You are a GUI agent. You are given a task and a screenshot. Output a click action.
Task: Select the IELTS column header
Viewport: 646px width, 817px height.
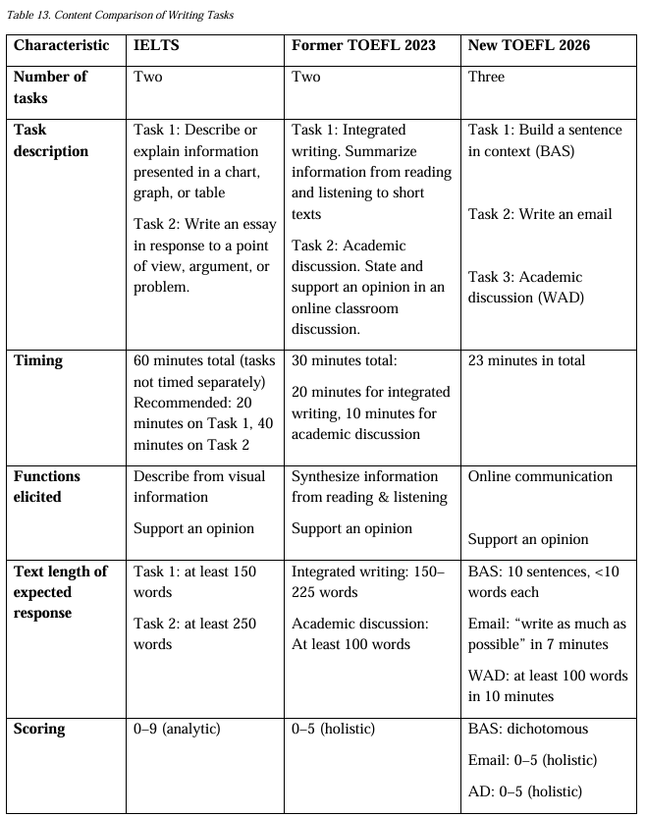(157, 45)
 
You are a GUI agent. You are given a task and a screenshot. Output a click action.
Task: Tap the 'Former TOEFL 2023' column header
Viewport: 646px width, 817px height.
(363, 45)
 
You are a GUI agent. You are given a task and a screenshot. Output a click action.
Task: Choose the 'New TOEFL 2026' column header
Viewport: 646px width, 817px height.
(530, 45)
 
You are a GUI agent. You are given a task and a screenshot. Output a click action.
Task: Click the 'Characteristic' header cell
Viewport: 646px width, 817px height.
(62, 45)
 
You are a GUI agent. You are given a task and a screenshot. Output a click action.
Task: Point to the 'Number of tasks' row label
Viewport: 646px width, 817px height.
(50, 87)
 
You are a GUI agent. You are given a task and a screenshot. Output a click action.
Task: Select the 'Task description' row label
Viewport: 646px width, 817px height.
(51, 140)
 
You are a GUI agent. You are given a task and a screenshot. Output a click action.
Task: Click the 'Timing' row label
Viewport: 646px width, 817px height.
(38, 360)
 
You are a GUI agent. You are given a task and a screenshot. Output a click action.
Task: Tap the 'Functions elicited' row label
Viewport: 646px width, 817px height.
(47, 487)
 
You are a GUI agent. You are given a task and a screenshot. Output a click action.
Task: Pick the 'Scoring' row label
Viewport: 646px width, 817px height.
(39, 729)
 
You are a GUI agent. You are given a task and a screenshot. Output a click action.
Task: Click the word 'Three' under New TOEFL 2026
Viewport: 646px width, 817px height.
(486, 77)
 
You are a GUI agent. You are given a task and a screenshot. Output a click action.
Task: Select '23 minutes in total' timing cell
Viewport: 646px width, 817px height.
(526, 360)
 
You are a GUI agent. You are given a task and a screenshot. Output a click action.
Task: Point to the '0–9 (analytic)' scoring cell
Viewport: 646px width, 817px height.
(177, 729)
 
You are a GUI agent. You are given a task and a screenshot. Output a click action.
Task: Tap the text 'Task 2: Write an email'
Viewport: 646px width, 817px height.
(540, 214)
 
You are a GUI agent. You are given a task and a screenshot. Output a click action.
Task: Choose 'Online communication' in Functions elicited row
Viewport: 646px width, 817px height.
(540, 476)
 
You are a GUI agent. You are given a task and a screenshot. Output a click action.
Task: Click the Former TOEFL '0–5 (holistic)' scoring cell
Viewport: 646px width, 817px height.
(333, 729)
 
